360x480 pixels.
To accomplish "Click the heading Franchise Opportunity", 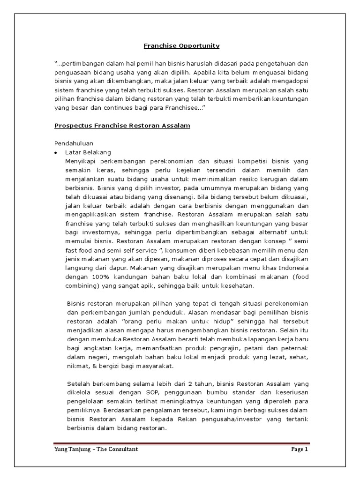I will point(181,45).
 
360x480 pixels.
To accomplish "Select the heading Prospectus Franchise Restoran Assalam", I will point(122,126).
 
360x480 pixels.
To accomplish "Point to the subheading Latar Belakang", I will point(88,153).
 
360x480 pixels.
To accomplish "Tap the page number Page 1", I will point(299,450).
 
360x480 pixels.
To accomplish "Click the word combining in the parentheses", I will point(82,286).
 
